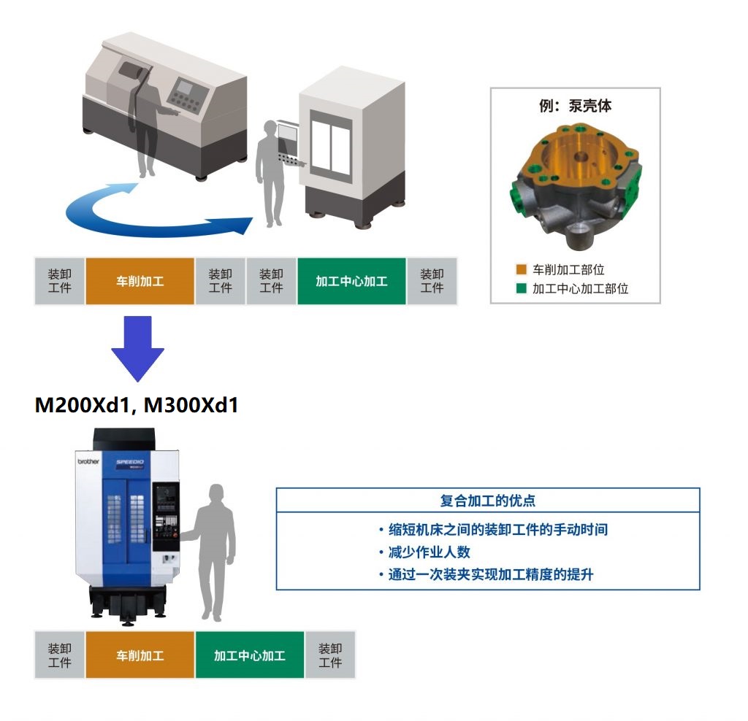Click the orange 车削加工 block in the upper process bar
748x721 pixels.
140,281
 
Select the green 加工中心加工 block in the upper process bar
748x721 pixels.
351,281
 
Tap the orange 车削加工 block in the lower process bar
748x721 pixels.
140,655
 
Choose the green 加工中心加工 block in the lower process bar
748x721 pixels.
249,655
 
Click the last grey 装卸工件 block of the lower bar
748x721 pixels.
330,655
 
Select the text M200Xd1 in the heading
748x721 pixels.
81,405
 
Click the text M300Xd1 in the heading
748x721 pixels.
191,405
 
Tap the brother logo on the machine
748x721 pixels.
88,461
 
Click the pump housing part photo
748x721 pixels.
575,186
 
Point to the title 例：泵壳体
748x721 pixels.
575,106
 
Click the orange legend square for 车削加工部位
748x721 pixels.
521,269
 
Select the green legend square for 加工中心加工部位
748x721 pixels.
521,288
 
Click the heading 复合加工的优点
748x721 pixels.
487,501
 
